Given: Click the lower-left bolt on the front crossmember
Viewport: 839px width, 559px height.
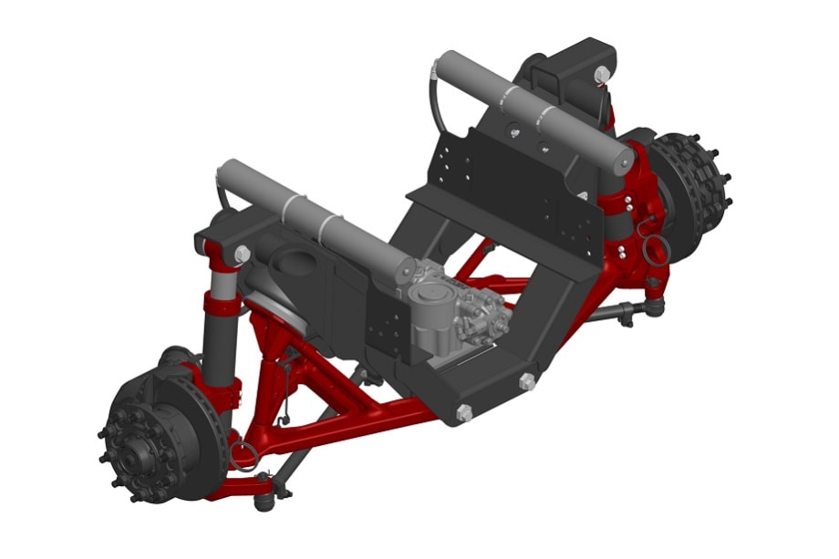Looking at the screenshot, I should pos(464,413).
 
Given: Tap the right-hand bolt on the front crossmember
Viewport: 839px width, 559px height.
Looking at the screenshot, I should pos(526,382).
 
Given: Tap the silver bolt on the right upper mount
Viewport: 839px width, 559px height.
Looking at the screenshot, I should pos(602,74).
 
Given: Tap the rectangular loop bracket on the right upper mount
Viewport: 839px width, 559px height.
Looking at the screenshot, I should pos(544,80).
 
